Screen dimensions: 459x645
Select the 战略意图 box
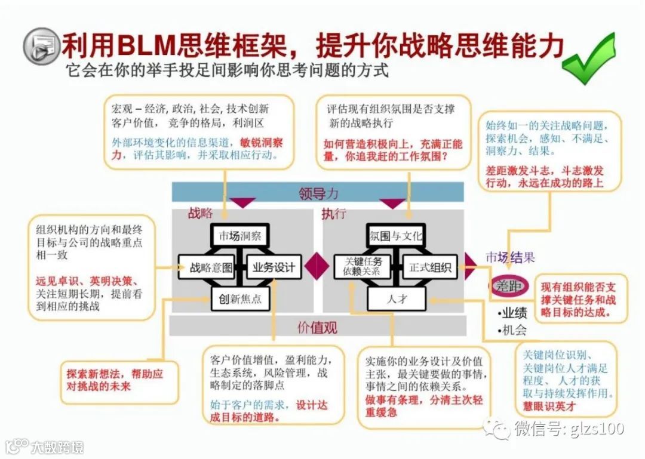point(207,267)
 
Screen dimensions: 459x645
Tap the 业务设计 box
point(274,267)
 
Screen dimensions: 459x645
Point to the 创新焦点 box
point(240,298)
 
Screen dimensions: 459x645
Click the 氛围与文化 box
point(395,236)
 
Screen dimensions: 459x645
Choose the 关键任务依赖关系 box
point(363,267)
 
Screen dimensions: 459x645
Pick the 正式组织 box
point(429,267)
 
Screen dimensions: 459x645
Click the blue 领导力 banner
point(318,193)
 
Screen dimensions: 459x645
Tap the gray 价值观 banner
point(318,326)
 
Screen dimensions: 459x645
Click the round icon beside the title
point(41,45)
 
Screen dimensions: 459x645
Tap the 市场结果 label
point(509,258)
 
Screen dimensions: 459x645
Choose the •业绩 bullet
point(512,313)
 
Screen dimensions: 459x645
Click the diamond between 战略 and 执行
point(318,267)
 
